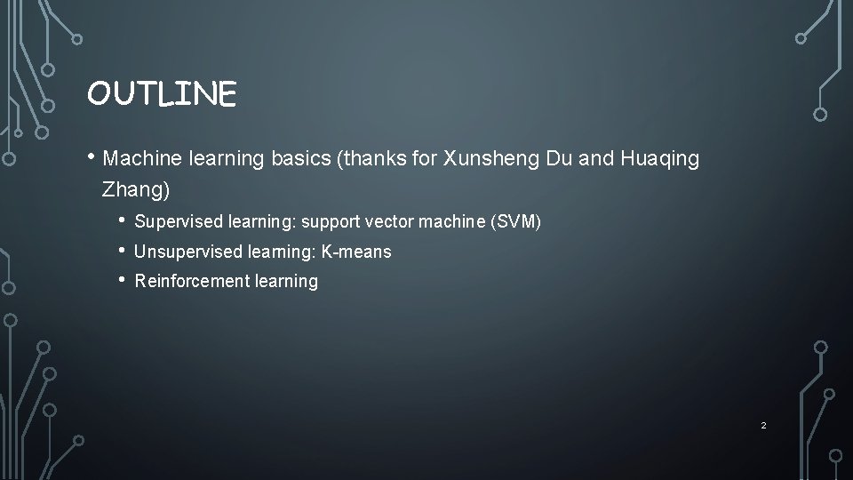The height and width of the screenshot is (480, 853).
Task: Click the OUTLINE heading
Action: (162, 93)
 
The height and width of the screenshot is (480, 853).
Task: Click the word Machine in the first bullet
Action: (142, 159)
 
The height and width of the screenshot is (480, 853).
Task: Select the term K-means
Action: (356, 252)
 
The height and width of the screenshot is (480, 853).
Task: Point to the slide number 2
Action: (763, 426)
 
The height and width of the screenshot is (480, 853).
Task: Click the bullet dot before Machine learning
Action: (92, 158)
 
